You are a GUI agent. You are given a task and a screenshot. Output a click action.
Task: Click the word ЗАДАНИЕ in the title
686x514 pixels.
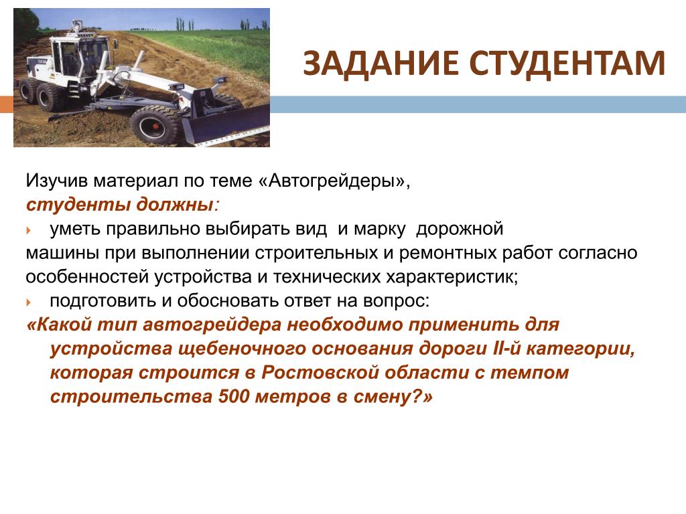(381, 64)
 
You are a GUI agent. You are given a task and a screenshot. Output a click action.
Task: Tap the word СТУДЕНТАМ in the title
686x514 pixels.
(567, 64)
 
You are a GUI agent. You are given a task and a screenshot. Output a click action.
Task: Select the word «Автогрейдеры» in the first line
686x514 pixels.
(335, 181)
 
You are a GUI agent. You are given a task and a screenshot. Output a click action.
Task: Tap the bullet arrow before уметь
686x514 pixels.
(29, 230)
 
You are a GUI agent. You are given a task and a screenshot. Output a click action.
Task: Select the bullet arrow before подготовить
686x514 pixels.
(29, 302)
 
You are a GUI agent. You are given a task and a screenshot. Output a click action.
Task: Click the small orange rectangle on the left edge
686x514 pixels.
(7, 104)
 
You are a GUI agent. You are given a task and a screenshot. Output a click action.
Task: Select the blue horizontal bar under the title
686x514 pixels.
(478, 104)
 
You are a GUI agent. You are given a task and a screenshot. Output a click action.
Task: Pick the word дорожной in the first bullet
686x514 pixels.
(460, 229)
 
